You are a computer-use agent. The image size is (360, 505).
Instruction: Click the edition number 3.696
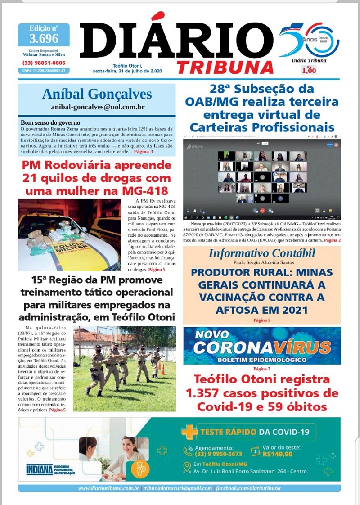coord(44,38)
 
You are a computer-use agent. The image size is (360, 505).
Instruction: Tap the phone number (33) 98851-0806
coord(44,63)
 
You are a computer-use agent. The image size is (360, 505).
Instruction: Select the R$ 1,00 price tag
coord(309,70)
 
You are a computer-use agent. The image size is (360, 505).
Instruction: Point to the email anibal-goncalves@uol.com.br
coord(97,107)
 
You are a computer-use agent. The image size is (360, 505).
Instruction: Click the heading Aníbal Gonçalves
coord(97,94)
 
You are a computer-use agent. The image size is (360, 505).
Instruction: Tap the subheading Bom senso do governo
coord(50,122)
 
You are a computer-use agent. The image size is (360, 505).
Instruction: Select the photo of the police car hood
coord(69,234)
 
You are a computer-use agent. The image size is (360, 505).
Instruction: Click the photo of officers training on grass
coord(124,368)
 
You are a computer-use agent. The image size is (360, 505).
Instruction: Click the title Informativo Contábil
coord(261,253)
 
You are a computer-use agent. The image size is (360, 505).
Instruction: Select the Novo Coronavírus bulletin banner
coord(261,346)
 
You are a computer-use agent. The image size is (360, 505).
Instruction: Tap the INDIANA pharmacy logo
coord(40,469)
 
